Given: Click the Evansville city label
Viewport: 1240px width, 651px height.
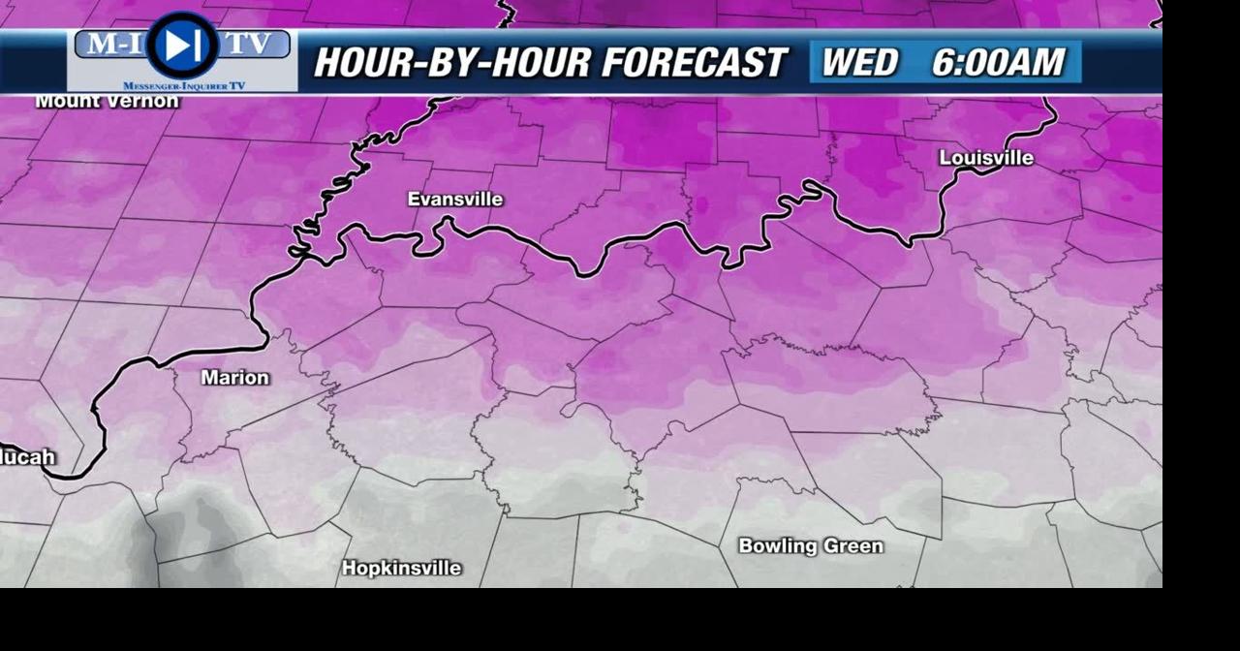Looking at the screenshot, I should (454, 200).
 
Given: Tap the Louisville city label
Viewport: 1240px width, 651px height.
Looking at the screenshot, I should (986, 158).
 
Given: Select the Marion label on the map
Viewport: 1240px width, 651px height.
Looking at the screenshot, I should (234, 378).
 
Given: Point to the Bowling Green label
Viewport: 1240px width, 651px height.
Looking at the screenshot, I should (811, 546).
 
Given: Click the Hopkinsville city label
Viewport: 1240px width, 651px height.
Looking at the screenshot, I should (401, 569).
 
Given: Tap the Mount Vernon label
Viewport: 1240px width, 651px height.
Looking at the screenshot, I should (107, 101).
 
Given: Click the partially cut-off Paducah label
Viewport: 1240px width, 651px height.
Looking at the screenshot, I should (27, 457).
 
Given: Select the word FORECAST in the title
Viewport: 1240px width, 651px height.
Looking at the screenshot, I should (694, 63).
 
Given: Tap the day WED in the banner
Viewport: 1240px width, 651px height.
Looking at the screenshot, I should (859, 63).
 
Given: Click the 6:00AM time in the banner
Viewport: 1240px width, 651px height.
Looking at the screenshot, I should (998, 63).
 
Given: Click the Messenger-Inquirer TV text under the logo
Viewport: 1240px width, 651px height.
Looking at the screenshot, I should (184, 86).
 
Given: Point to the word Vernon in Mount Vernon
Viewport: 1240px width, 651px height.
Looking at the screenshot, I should (142, 101).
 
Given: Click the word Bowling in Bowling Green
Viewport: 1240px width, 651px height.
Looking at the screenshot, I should (775, 546).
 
